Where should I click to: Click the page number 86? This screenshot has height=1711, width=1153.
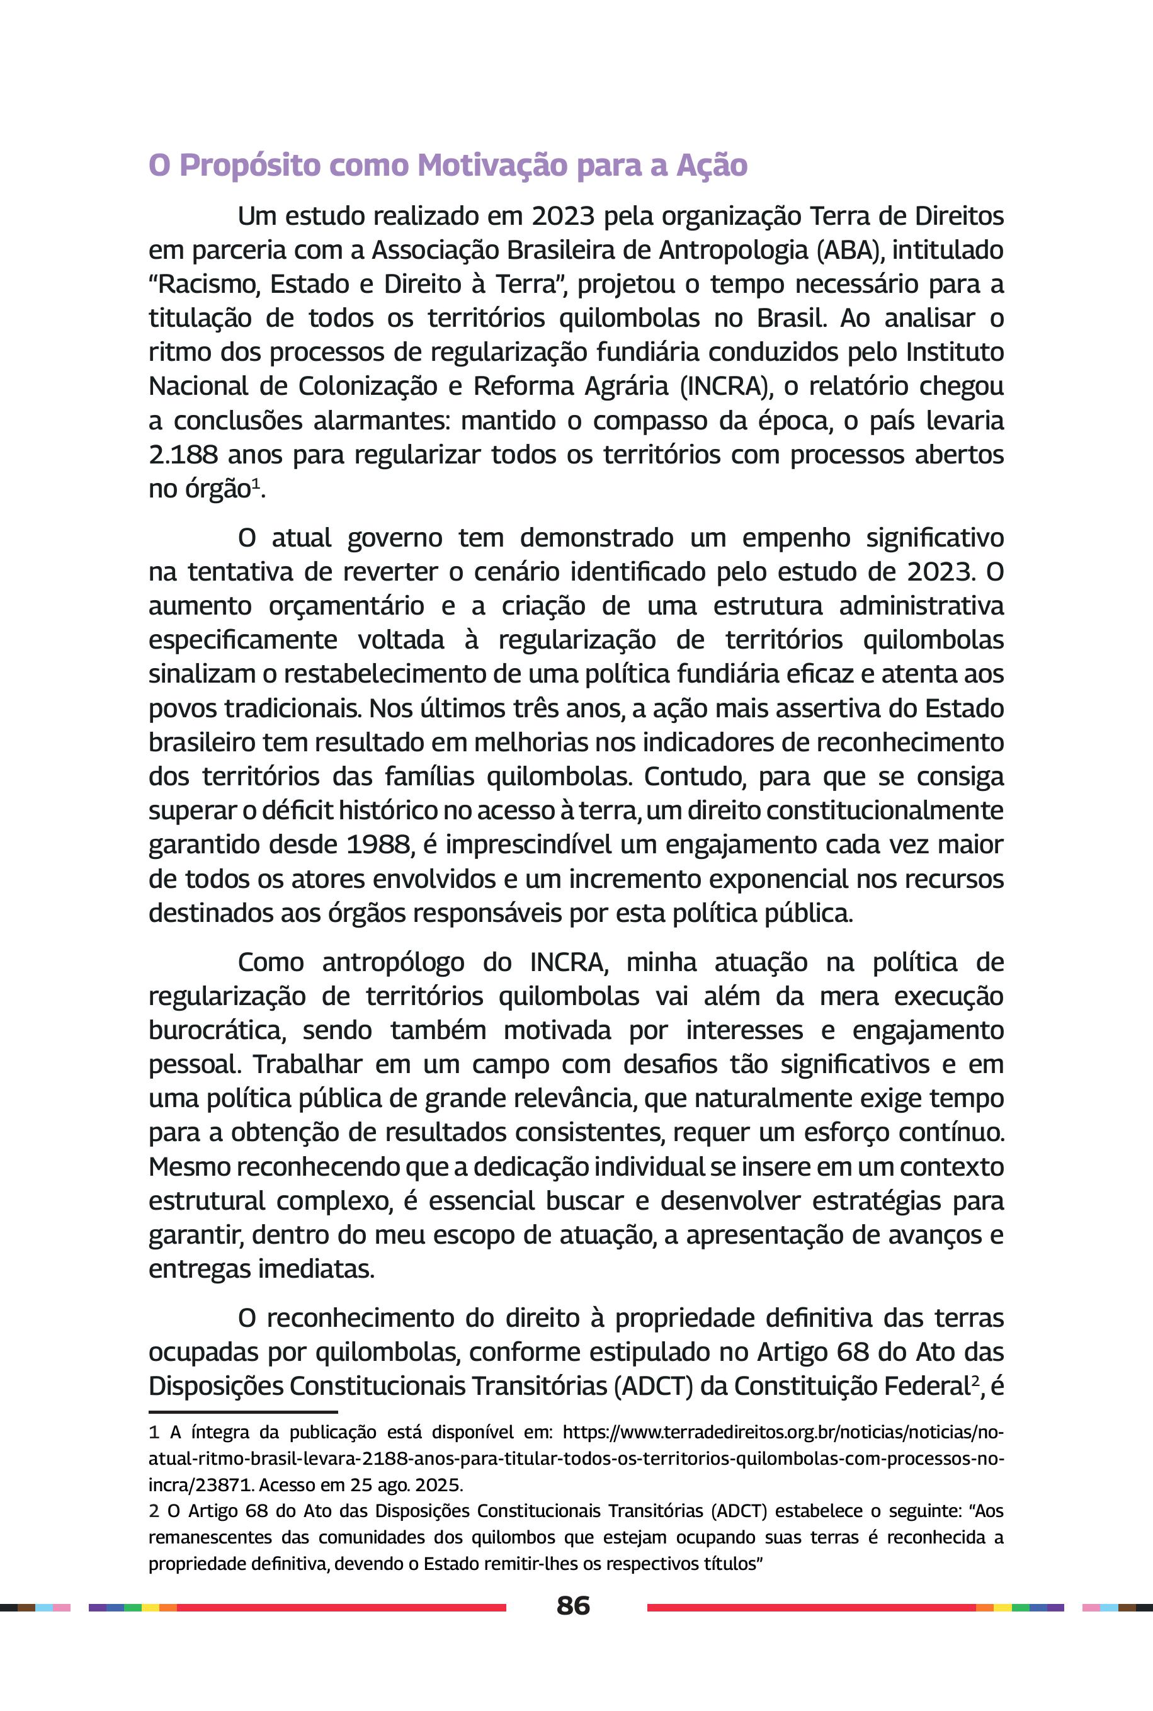(x=573, y=1605)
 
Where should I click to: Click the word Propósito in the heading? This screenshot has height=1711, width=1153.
(x=250, y=166)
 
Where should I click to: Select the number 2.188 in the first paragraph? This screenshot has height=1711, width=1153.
(x=183, y=455)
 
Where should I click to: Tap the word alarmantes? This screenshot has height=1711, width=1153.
(x=377, y=421)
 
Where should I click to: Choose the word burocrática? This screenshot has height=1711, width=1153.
(x=216, y=1030)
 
